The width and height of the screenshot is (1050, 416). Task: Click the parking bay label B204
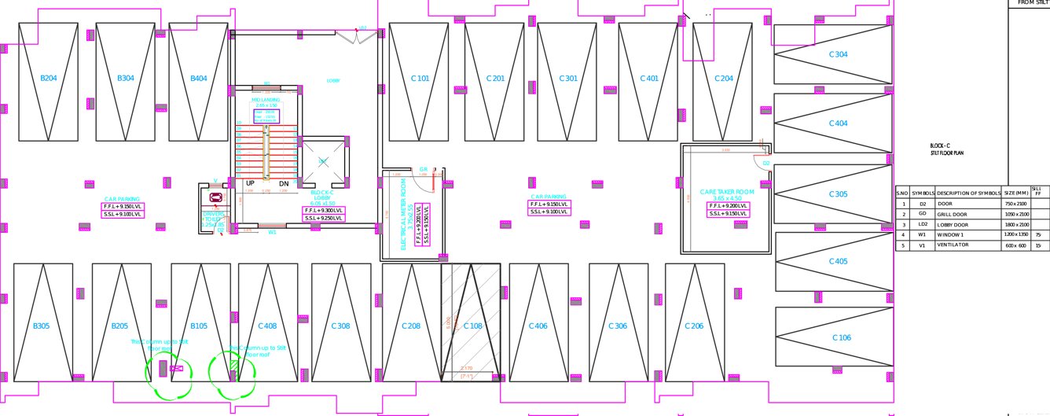[49, 79]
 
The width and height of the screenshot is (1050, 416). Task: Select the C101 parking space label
[420, 79]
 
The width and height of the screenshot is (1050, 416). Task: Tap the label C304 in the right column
[839, 54]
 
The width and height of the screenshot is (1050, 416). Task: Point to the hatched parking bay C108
[472, 326]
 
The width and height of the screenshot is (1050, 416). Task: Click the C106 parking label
[841, 337]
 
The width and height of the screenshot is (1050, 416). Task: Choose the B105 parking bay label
[199, 326]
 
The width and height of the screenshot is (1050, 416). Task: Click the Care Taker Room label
[727, 193]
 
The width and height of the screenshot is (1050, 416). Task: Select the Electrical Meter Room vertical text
[404, 214]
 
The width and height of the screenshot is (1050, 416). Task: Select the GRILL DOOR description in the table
[950, 214]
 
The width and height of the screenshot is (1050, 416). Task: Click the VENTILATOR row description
[953, 245]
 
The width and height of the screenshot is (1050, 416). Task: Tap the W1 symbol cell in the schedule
[923, 234]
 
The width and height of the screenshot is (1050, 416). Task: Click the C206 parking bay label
[694, 326]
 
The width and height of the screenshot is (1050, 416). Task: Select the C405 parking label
[839, 260]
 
